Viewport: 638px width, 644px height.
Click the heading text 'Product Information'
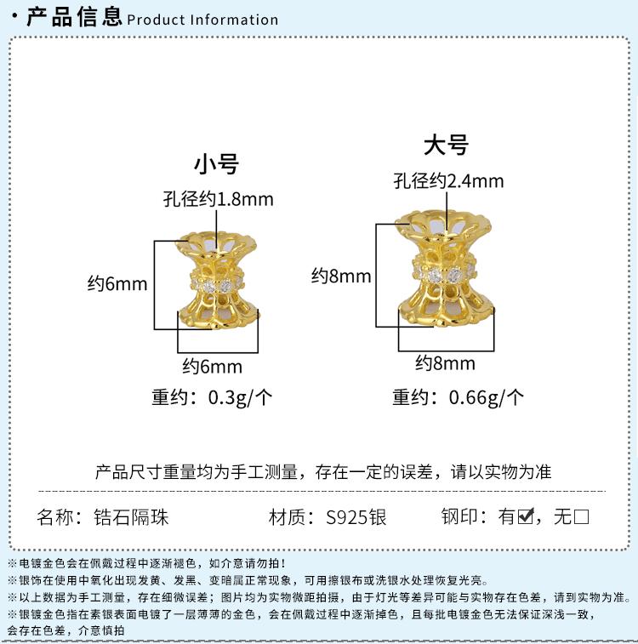(x=202, y=20)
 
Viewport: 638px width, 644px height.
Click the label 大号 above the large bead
(x=447, y=145)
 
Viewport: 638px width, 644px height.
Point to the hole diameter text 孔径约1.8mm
(x=219, y=199)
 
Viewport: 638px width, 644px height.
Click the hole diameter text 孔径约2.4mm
(x=448, y=181)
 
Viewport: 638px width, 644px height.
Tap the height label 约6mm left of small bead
(x=117, y=283)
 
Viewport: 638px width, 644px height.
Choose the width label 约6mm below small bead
(x=213, y=367)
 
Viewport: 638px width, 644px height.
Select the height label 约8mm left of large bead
(x=341, y=276)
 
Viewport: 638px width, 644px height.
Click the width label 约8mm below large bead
(x=445, y=363)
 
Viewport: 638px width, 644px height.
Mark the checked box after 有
(x=525, y=516)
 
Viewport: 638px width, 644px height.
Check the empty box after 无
(x=582, y=516)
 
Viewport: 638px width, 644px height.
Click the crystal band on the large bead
(x=444, y=272)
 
